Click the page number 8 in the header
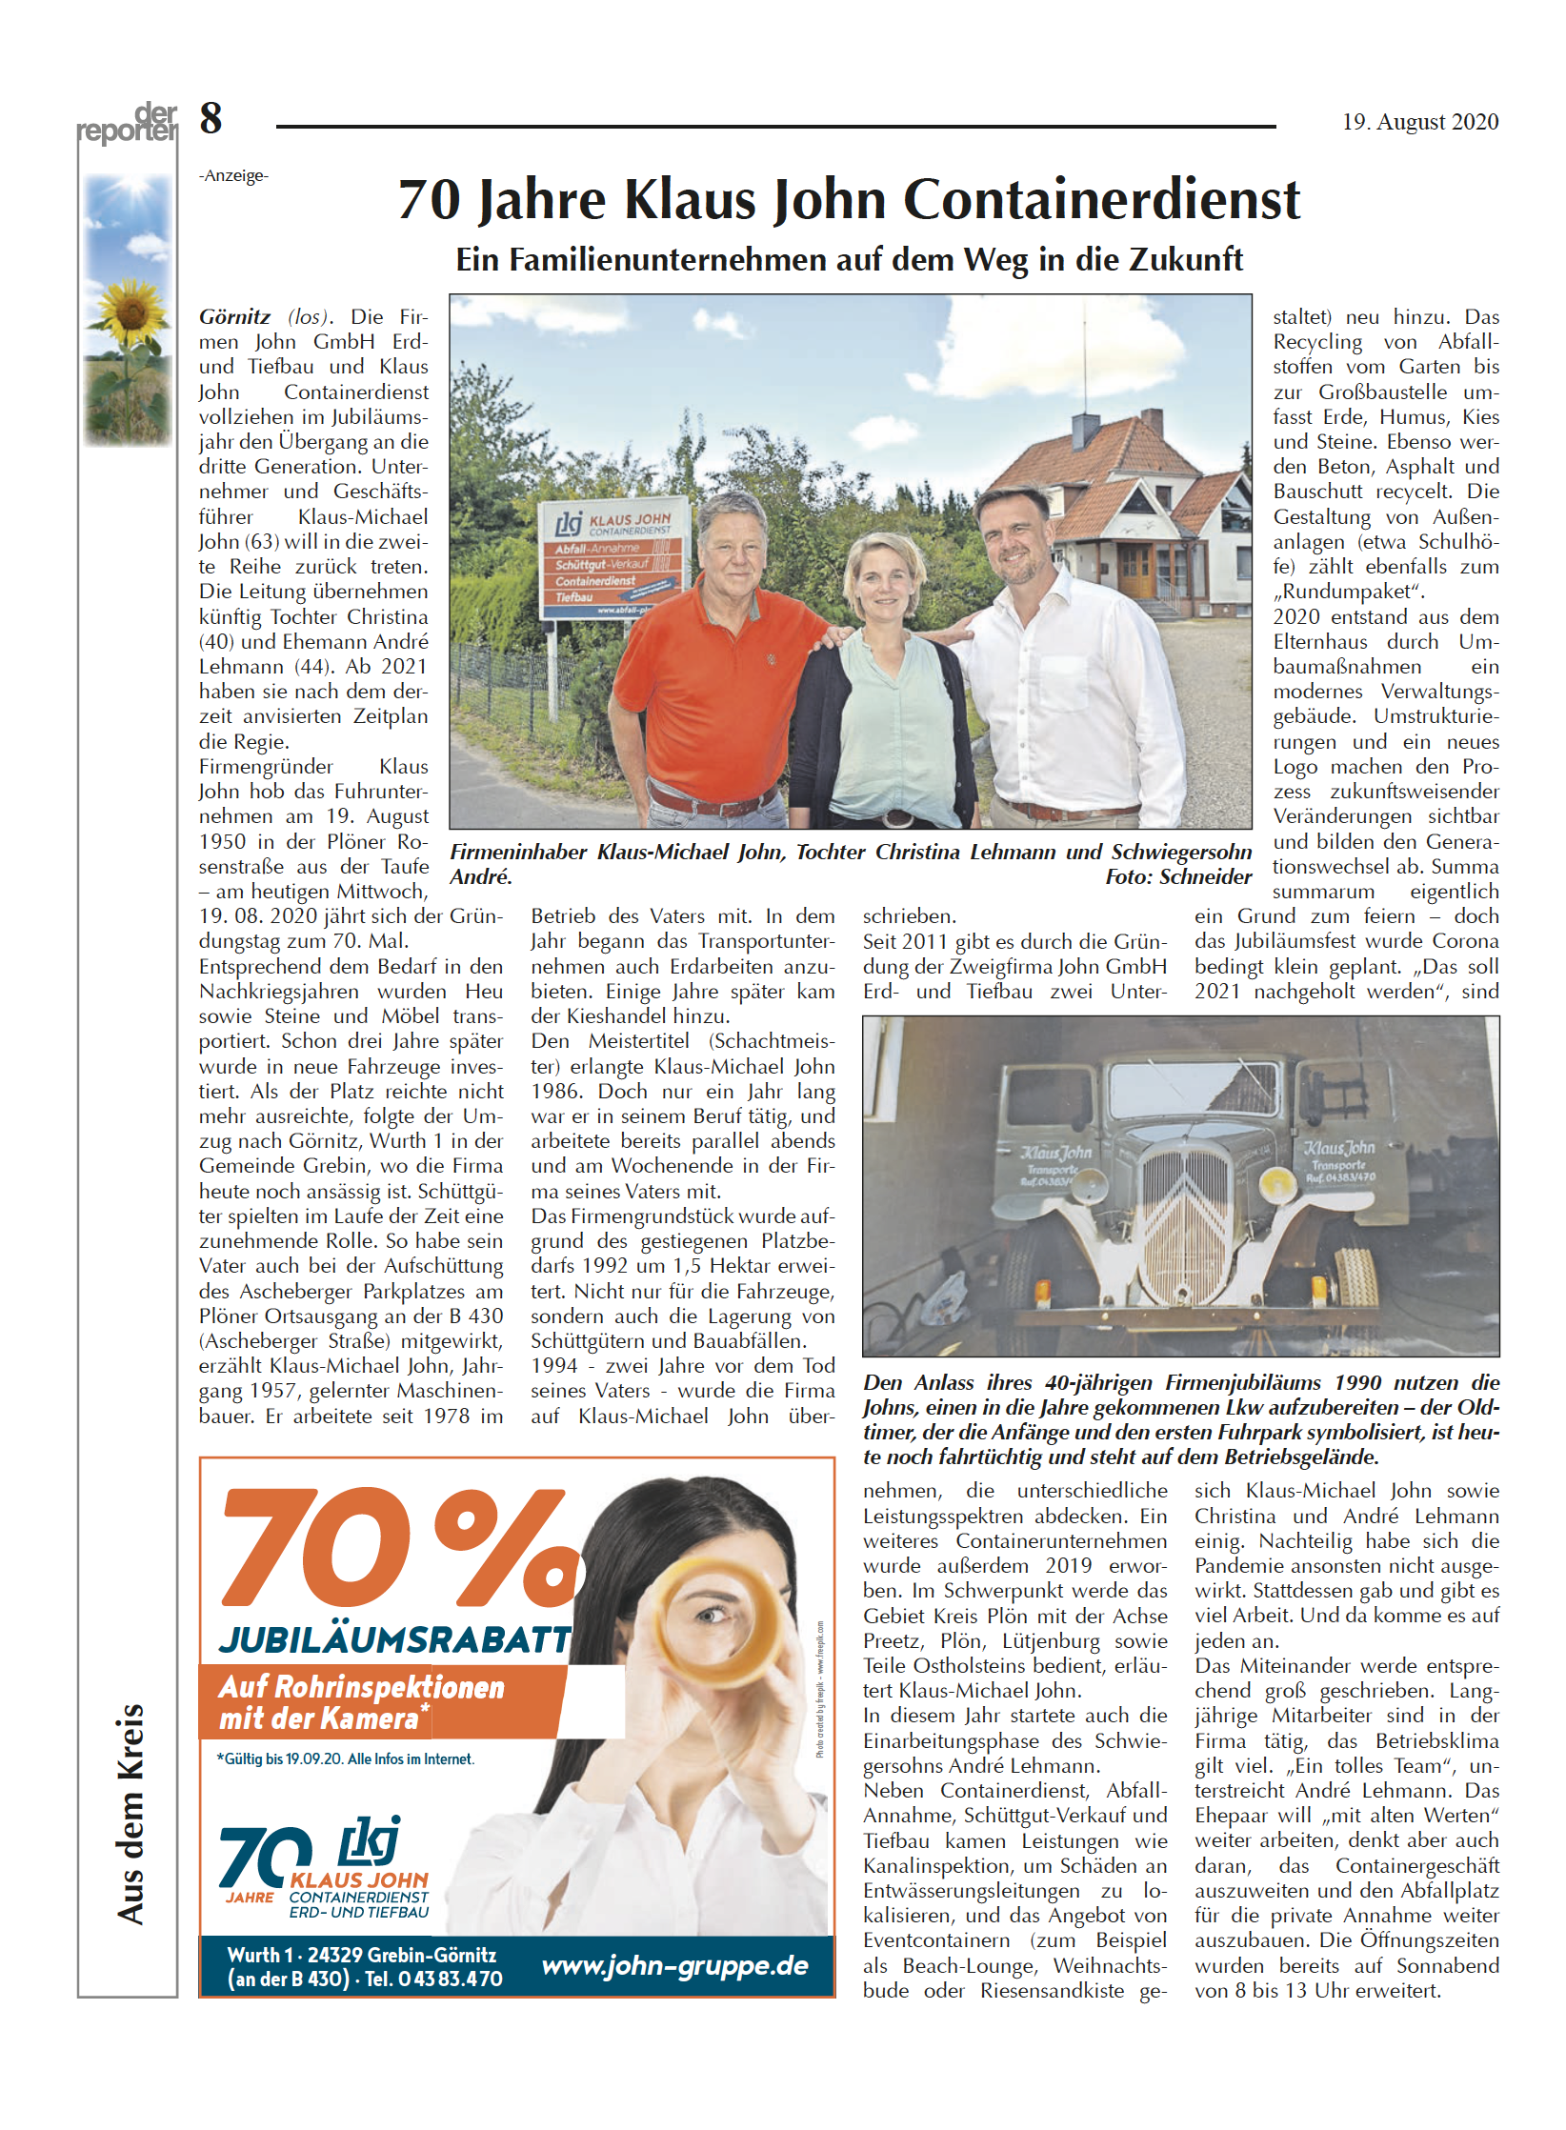pyautogui.click(x=211, y=119)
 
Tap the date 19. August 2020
pyautogui.click(x=1419, y=122)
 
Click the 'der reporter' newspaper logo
pyautogui.click(x=128, y=124)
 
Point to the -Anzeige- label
pyautogui.click(x=233, y=175)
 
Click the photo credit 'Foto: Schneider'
pyautogui.click(x=1177, y=877)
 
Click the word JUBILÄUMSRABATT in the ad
pyautogui.click(x=394, y=1638)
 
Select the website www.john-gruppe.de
pyautogui.click(x=674, y=1965)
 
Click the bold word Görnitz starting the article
pyautogui.click(x=234, y=317)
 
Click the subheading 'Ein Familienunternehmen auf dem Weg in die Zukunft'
pyautogui.click(x=849, y=259)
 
